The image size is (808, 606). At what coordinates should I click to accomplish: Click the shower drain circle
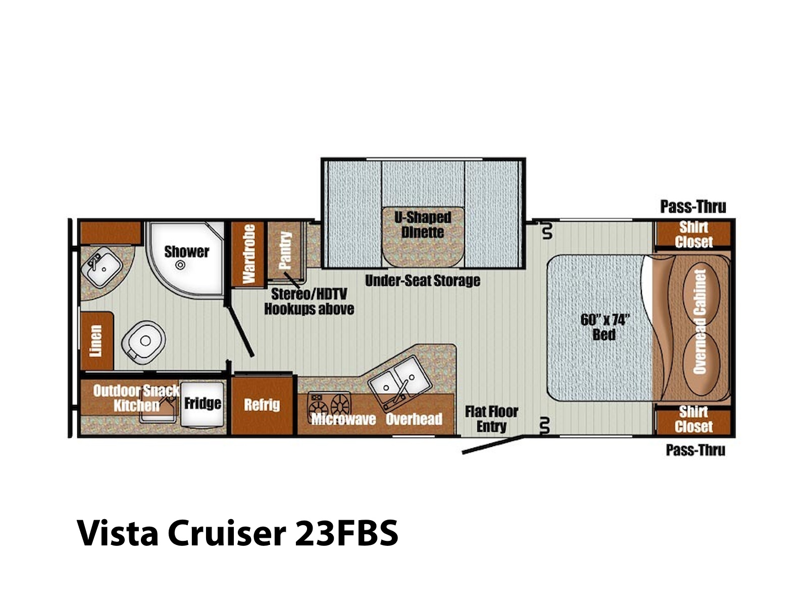pos(180,265)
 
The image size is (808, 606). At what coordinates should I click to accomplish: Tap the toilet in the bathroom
pos(143,342)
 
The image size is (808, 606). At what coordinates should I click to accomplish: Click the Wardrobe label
pos(248,254)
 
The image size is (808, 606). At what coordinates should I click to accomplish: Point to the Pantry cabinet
pos(285,250)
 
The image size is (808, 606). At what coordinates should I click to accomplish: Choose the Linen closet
pos(96,341)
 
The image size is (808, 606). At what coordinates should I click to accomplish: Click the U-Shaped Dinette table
pos(423,236)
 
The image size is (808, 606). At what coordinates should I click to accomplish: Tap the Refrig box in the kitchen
pos(262,405)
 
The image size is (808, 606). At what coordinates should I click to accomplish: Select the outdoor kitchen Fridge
pos(203,404)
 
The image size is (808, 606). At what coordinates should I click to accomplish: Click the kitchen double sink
pos(400,383)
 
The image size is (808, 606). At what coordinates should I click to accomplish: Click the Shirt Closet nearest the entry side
pos(693,419)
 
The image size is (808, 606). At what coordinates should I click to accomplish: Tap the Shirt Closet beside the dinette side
pos(693,234)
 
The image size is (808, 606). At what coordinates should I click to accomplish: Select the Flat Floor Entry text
pos(491,419)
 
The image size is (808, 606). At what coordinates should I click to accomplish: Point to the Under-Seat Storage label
pos(423,281)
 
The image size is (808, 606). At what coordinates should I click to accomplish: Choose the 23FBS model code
pos(346,533)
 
